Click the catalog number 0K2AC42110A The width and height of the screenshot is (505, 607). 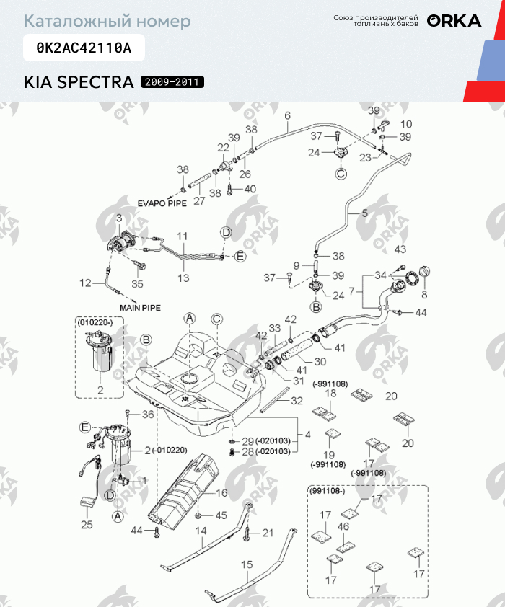click(x=84, y=48)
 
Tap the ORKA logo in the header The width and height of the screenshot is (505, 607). click(x=454, y=20)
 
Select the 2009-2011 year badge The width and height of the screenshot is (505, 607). click(x=172, y=82)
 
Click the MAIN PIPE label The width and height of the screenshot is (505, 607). click(x=140, y=307)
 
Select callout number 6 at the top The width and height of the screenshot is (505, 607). click(x=286, y=115)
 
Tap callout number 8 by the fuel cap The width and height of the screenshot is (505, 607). click(x=424, y=294)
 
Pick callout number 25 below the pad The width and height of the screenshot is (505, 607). click(x=87, y=525)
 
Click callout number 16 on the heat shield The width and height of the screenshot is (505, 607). click(x=221, y=493)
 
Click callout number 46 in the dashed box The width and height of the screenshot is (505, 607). click(x=343, y=528)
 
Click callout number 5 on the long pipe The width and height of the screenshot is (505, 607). click(x=364, y=213)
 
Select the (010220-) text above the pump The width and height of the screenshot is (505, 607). click(x=95, y=324)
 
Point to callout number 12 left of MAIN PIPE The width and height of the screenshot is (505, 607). click(x=86, y=283)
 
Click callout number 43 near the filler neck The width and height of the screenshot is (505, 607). click(x=401, y=249)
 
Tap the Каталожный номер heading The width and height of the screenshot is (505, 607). click(x=107, y=21)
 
